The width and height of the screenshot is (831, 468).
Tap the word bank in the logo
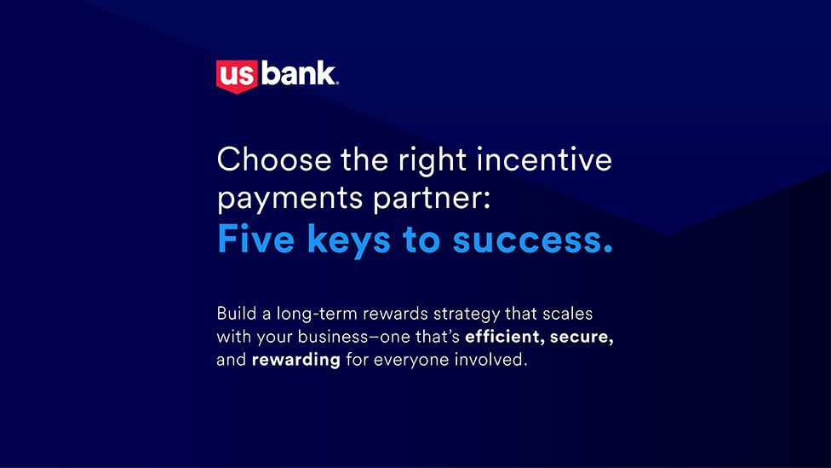(298, 74)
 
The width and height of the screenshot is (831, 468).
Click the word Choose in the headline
(274, 159)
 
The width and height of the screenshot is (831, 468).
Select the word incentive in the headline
(544, 159)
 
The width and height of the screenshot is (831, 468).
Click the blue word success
(533, 240)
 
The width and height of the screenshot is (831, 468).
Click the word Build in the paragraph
(237, 313)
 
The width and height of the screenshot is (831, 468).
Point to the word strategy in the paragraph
(467, 315)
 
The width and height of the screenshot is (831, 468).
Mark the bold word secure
(582, 338)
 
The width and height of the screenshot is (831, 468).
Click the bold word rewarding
(295, 361)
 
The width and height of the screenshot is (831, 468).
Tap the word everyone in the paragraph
(411, 361)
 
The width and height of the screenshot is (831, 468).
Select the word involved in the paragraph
(490, 359)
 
